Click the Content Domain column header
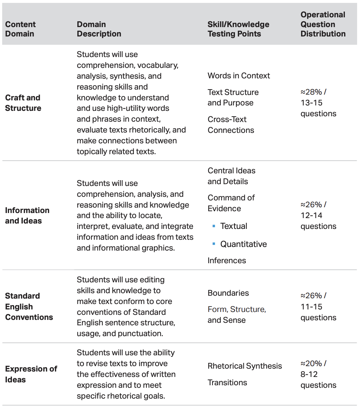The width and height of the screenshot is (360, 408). pos(20,29)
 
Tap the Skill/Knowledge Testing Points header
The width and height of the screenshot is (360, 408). pos(238,29)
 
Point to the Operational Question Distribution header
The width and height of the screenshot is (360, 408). pos(323,24)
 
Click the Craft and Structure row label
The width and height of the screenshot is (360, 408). pos(23,103)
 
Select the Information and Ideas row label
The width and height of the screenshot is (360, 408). pos(27,216)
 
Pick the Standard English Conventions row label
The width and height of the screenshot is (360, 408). pos(29,307)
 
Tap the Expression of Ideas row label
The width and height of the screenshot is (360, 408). pos(31,374)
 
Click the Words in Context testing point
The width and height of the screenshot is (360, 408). pos(239,76)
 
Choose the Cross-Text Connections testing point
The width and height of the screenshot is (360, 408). pos(231,125)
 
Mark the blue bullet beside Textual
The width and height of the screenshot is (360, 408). pos(214,226)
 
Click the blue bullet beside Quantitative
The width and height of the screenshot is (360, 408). pos(214,244)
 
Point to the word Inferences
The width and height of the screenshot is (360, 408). pos(227,260)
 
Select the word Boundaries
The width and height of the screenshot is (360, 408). pos(228,293)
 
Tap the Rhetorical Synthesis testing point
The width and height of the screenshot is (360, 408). pos(245,366)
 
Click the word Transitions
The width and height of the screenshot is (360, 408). pos(227,382)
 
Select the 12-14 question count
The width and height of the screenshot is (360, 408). pos(311,216)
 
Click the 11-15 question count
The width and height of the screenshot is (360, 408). pos(311,307)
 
